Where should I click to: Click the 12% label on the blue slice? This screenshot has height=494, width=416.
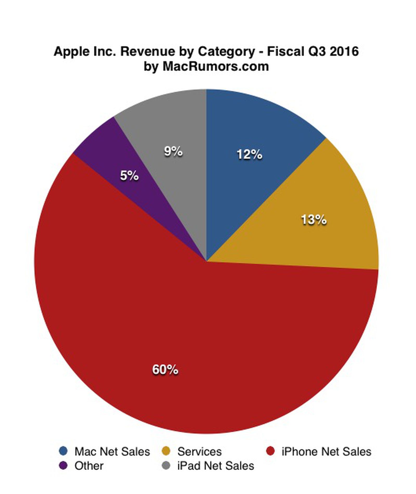249,155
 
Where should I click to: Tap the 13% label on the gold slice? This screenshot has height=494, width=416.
314,220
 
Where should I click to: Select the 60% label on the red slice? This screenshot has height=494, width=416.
165,369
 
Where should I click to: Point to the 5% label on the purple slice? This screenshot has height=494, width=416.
129,176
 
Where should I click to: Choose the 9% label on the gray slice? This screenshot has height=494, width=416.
173,151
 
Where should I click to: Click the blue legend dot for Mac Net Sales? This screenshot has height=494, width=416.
63,451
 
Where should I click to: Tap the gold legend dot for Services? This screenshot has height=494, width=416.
166,451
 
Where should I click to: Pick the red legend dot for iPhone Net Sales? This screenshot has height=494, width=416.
270,451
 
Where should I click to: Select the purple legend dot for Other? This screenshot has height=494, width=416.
63,465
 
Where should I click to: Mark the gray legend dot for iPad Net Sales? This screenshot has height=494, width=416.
166,465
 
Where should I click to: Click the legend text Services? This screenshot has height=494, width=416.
199,452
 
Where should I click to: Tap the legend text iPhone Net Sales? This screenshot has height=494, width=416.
326,452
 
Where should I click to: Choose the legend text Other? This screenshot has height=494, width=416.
89,466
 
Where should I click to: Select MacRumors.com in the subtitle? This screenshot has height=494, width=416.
216,67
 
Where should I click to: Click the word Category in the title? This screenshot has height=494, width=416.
226,52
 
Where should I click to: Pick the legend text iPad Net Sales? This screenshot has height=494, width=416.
216,466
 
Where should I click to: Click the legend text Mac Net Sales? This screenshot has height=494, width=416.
112,452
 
